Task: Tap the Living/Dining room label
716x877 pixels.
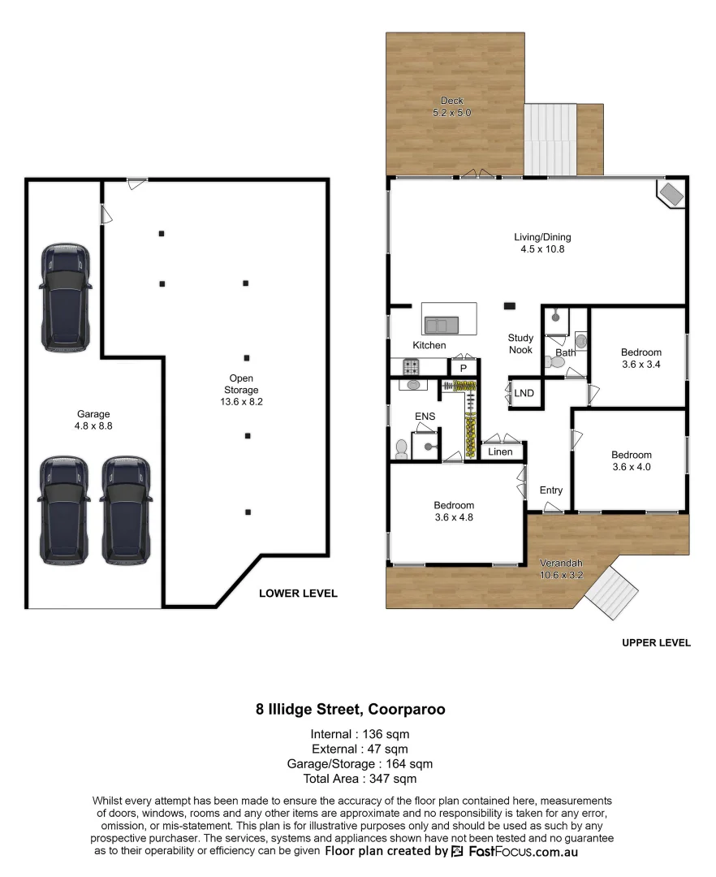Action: (542, 244)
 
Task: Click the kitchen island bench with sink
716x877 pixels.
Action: (448, 319)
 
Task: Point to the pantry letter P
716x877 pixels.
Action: (464, 368)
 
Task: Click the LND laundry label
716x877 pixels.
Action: (524, 394)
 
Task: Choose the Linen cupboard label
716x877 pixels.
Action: (501, 451)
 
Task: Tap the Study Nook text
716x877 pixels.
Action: (520, 343)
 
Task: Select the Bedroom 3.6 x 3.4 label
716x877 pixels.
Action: (641, 358)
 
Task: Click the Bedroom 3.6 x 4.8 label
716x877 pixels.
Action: (454, 511)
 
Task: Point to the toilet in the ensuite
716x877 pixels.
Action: (401, 448)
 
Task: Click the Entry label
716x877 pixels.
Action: (550, 490)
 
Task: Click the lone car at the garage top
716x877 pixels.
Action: (66, 296)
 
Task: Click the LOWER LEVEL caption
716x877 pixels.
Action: (297, 594)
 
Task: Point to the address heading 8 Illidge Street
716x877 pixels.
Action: (351, 709)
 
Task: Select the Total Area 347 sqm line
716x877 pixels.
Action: (352, 779)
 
